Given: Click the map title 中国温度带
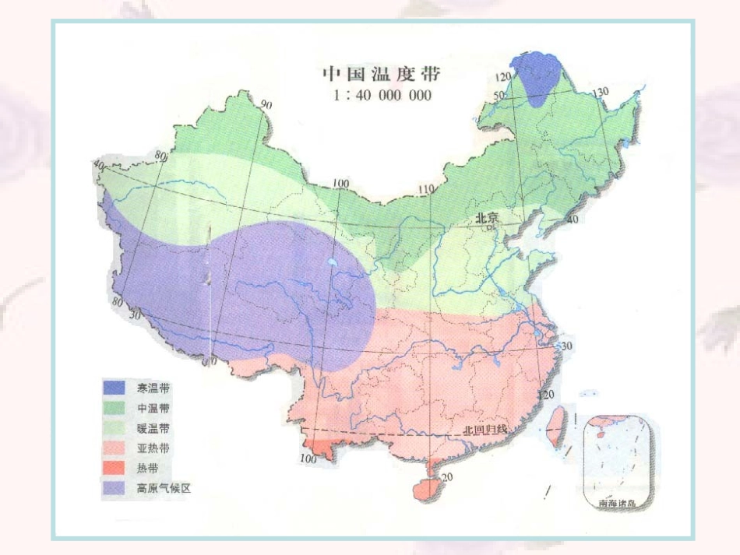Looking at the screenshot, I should (382, 74).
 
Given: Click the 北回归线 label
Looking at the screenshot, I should (485, 429).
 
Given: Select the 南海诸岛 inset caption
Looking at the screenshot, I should (617, 504).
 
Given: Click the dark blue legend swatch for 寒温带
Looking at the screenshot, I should (114, 388).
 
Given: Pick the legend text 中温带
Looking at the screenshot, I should (153, 408).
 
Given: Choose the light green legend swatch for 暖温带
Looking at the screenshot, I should (114, 428).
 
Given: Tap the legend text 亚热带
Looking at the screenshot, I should (153, 448).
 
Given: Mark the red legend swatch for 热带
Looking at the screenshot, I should (114, 469).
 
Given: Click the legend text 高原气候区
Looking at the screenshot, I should (164, 489).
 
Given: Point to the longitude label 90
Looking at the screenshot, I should (266, 105).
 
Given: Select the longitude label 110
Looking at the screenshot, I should (425, 189).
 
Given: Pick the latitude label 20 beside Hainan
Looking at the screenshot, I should (446, 477).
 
